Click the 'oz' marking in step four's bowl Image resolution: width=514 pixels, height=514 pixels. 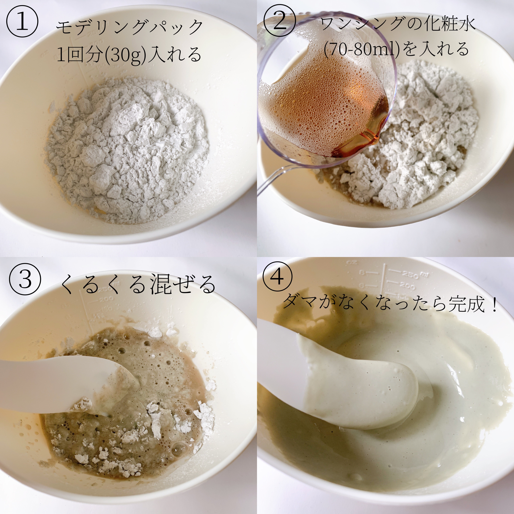coord(353,263)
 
